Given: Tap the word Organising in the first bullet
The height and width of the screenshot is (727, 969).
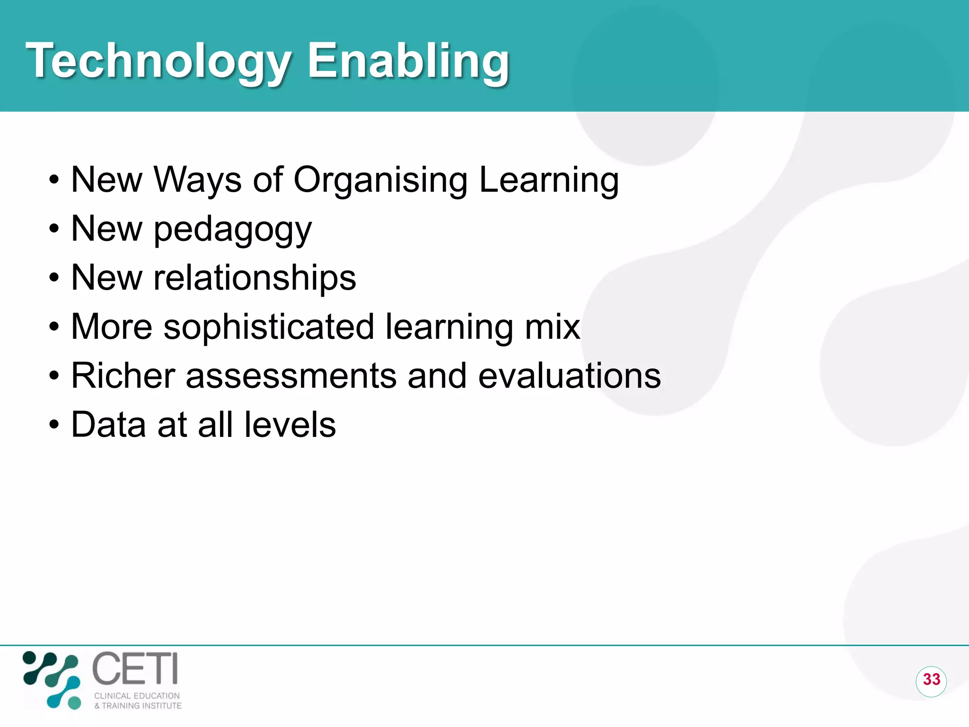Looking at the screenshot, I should point(380,181).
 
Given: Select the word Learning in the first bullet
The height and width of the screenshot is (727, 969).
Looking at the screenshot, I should point(549,181).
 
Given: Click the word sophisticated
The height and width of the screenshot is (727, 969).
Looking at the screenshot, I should point(269,328).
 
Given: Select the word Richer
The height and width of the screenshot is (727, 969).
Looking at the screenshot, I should point(123,376).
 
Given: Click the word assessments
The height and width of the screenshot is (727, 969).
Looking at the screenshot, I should point(291,376).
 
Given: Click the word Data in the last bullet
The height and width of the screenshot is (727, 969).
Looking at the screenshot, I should point(108,425).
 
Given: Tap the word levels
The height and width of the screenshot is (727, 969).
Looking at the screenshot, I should point(290,425).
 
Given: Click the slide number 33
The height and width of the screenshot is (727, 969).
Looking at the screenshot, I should point(931,680).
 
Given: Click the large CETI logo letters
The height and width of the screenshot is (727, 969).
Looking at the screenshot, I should point(135,668).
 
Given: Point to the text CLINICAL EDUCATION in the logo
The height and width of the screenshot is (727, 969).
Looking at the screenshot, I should point(137,696).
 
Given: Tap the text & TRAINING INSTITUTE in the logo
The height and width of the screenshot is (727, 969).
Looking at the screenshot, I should point(138,706).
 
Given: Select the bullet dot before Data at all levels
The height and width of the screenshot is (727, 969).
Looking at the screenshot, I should point(54,425).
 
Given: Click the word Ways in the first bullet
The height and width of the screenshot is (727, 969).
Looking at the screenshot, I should point(197,181).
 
